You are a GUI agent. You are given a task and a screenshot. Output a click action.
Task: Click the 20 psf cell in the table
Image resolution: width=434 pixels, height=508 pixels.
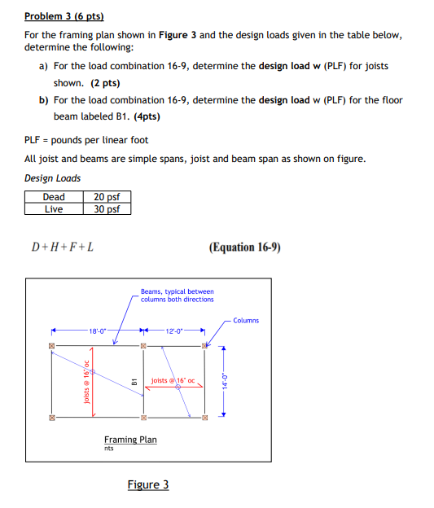[107, 196]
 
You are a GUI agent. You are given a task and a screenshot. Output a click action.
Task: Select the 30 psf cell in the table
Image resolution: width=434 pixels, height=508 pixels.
[107, 208]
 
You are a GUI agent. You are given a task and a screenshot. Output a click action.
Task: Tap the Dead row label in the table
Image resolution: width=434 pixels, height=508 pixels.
[54, 196]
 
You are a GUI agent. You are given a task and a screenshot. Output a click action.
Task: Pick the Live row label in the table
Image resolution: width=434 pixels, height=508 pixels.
[54, 208]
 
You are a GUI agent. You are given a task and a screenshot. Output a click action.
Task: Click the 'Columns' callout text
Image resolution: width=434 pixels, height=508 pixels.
[245, 320]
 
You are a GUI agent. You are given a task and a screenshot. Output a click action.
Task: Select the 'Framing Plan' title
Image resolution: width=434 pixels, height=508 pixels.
[130, 440]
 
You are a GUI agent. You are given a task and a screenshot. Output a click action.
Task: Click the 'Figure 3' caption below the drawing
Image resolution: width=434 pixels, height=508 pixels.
[147, 485]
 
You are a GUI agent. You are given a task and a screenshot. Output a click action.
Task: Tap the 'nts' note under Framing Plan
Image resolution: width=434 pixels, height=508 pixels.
[109, 448]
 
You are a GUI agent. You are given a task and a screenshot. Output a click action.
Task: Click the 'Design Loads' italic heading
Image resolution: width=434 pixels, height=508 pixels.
[52, 177]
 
